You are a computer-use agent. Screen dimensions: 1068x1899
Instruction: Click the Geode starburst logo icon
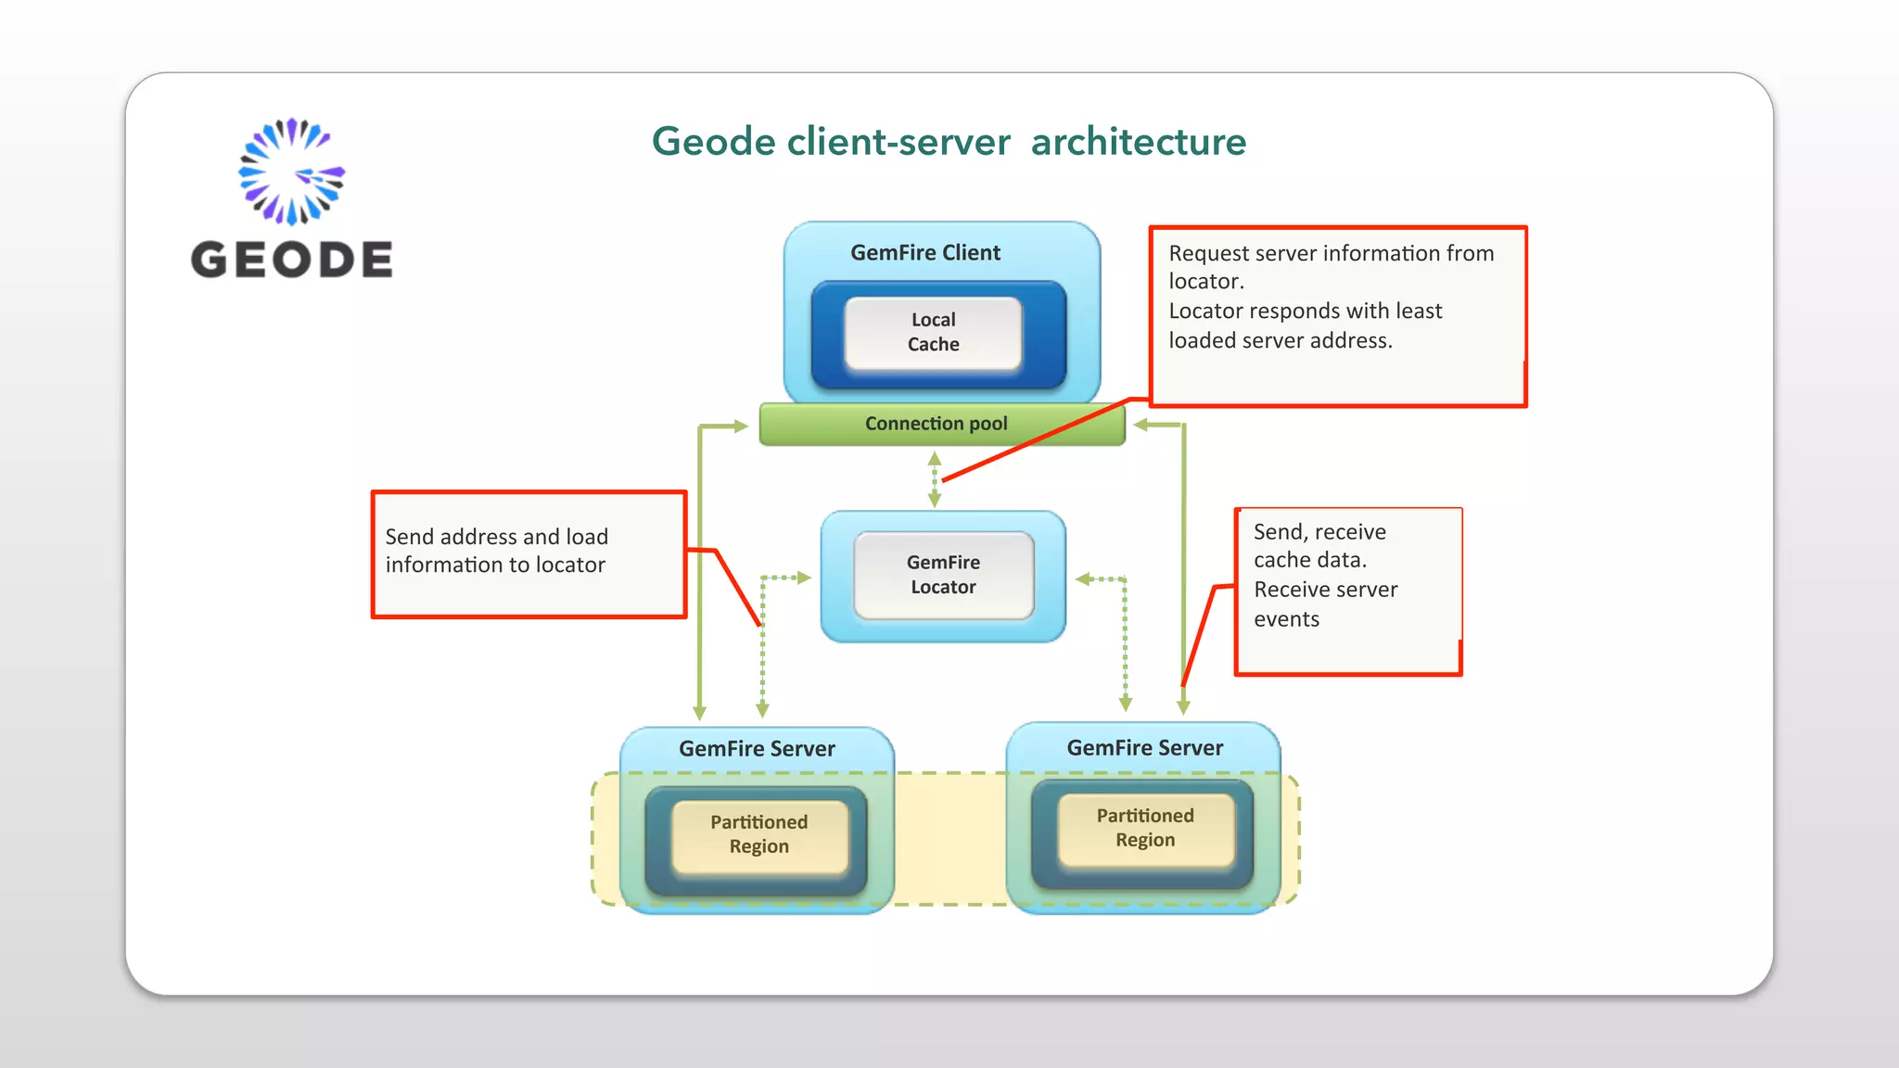tap(291, 172)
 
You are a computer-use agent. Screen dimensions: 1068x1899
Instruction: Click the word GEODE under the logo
tap(291, 260)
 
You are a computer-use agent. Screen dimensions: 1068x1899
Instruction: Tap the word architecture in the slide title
tap(1138, 142)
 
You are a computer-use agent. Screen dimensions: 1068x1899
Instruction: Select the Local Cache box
tap(933, 332)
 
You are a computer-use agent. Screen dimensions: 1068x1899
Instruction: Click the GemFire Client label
tap(925, 252)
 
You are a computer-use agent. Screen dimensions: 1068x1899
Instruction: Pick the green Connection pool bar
tap(937, 424)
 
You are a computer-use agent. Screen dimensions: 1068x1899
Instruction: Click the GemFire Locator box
tap(943, 575)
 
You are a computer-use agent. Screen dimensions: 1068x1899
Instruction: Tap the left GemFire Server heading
tap(757, 748)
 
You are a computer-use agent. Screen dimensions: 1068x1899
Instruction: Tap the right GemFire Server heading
tap(1144, 747)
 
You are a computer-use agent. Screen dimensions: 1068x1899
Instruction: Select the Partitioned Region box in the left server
tap(759, 834)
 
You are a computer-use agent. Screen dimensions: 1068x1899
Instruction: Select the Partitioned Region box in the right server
tap(1145, 828)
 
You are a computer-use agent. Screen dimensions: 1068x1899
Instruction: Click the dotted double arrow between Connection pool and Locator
tap(935, 479)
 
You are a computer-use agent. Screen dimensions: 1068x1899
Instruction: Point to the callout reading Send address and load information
tap(529, 553)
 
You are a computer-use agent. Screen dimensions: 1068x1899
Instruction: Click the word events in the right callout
tap(1286, 619)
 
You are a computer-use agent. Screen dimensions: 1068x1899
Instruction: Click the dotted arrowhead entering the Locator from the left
tap(803, 578)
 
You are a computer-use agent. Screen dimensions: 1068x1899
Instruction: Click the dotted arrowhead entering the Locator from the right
tap(1084, 579)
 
